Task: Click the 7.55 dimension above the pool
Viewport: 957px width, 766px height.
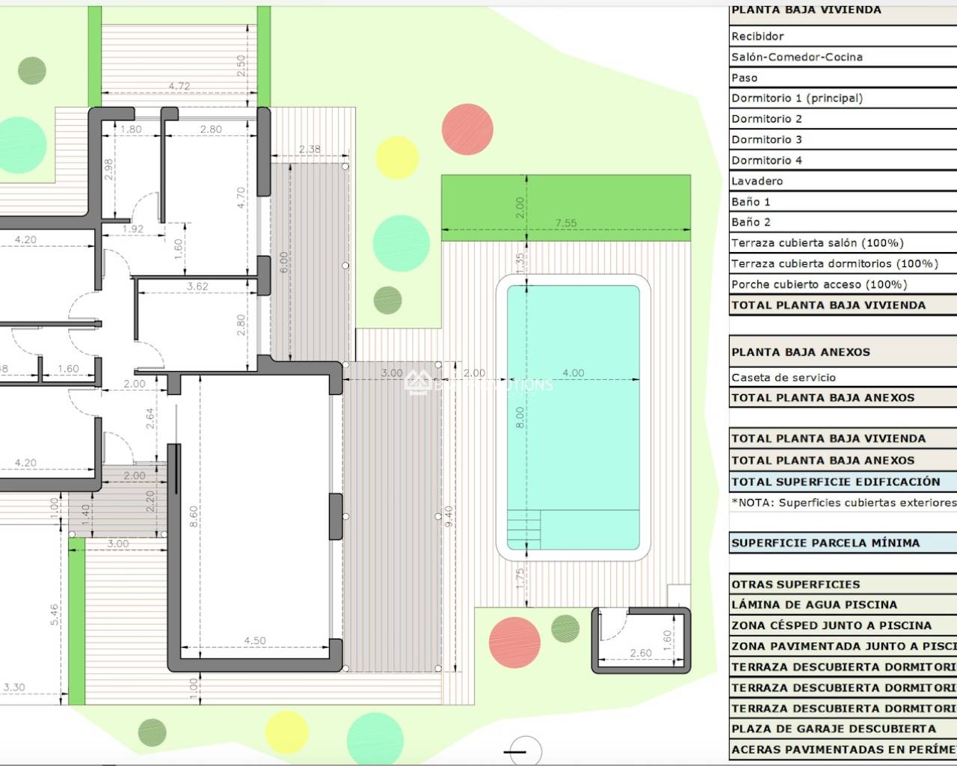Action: pos(566,223)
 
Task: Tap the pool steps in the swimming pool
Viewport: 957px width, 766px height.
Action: pos(524,530)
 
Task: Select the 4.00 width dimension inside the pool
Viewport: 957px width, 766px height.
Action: pos(573,373)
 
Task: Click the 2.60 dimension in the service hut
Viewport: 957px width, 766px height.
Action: pos(641,653)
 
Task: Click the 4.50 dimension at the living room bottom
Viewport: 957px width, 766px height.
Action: pos(255,640)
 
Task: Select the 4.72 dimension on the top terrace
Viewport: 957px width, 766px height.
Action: pos(179,86)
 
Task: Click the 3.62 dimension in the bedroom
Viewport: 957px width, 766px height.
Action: pos(197,286)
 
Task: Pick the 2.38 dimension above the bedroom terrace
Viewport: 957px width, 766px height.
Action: pos(310,149)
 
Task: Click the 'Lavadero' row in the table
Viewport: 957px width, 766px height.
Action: pos(757,181)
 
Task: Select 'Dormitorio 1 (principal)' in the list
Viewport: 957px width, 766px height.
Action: pos(797,98)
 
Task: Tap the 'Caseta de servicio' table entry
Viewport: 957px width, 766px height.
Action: pos(784,378)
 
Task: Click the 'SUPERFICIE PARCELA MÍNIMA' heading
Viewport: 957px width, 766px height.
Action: pos(825,543)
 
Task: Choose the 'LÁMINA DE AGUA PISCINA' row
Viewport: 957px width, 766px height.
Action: pos(814,604)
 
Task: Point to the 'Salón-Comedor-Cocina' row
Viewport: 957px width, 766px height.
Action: pos(797,57)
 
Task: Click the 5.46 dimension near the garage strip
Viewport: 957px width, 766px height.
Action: pos(54,616)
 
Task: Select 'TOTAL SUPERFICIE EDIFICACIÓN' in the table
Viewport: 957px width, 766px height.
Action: pos(836,482)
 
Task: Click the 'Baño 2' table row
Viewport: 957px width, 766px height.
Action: pos(751,222)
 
